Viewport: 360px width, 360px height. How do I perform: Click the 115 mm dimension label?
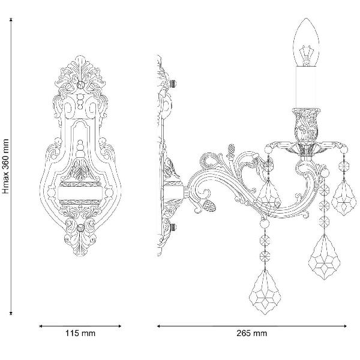click(80, 333)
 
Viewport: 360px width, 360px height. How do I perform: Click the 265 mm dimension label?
click(252, 333)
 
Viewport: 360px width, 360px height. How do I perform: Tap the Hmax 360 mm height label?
click(5, 166)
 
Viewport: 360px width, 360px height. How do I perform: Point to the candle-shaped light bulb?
click(306, 43)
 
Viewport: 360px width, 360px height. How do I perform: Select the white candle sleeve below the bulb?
click(306, 87)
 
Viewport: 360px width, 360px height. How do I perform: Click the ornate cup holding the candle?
click(306, 125)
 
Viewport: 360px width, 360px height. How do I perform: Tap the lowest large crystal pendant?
click(265, 293)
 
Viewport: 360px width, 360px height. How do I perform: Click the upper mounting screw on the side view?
click(173, 83)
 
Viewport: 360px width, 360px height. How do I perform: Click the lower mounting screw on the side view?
click(173, 227)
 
